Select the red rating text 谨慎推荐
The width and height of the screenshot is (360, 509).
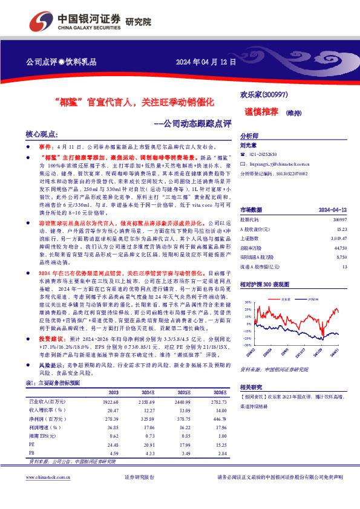262,111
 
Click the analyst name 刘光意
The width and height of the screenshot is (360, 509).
249,145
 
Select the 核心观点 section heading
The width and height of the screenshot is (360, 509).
42,134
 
